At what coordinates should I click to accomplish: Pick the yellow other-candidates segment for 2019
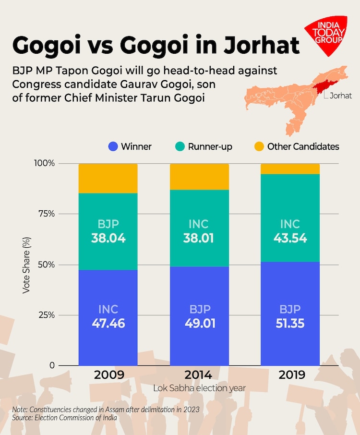[x=290, y=169]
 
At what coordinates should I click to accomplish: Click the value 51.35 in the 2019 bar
[x=290, y=324]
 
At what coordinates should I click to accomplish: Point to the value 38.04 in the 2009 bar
[x=108, y=238]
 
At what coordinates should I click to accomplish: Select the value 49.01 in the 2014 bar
[x=199, y=324]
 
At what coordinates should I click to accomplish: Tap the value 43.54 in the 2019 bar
[x=290, y=238]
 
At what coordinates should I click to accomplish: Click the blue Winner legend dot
[x=113, y=146]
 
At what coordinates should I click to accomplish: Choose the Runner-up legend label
[x=210, y=146]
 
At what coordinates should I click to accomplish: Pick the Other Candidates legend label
[x=303, y=146]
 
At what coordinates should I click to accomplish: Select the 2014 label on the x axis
[x=199, y=375]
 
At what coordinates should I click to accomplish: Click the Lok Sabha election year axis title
[x=199, y=387]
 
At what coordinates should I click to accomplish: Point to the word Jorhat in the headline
[x=260, y=45]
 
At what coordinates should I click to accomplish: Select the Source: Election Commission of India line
[x=65, y=418]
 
